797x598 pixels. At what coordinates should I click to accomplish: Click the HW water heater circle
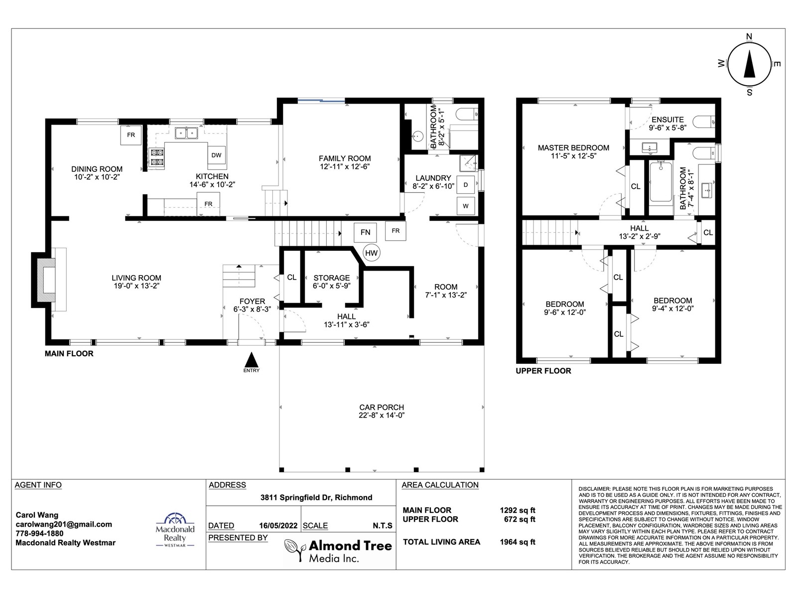[x=371, y=253]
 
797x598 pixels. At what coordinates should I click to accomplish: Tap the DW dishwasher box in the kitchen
[x=216, y=155]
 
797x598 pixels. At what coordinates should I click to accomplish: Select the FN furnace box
[x=365, y=232]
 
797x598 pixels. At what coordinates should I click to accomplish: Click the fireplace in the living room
[x=49, y=280]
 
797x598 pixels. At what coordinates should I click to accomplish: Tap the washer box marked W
[x=465, y=206]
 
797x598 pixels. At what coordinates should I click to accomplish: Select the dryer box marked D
[x=465, y=185]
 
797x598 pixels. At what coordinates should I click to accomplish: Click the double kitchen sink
[x=186, y=133]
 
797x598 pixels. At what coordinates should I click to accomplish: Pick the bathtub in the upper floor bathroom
[x=661, y=181]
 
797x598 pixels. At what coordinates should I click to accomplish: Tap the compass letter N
[x=749, y=36]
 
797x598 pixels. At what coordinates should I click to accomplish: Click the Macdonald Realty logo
[x=175, y=530]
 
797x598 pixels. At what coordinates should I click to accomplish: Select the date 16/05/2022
[x=278, y=526]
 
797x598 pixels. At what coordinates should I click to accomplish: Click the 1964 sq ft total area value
[x=518, y=542]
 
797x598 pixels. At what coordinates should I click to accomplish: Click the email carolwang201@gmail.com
[x=64, y=524]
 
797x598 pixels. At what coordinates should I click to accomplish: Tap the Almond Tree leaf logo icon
[x=295, y=550]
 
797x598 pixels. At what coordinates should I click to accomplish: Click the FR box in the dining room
[x=131, y=135]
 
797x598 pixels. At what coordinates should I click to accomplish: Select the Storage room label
[x=332, y=278]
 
